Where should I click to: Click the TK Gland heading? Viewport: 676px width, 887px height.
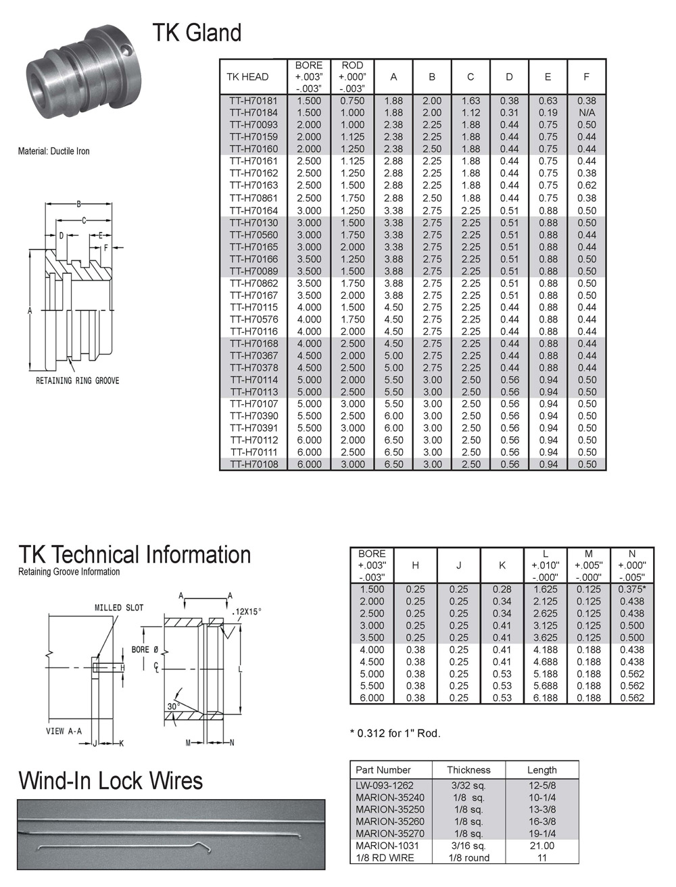click(x=197, y=33)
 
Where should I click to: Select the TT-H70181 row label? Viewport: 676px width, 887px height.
click(x=254, y=101)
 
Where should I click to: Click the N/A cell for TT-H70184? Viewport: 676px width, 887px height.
click(x=587, y=113)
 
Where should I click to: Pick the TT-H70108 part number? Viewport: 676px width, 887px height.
click(x=254, y=464)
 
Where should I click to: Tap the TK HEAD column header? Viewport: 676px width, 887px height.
click(x=247, y=77)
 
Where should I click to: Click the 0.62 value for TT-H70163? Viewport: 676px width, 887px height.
click(x=587, y=185)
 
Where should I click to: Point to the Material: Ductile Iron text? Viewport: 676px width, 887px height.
click(x=53, y=151)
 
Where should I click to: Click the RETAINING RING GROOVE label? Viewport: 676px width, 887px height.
click(x=77, y=381)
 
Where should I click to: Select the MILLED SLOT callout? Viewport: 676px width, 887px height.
click(x=119, y=608)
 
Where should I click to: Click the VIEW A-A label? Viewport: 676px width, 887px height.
click(x=64, y=731)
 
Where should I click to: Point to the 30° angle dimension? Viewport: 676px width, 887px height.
click(x=172, y=707)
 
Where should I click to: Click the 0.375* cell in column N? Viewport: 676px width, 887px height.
click(x=631, y=590)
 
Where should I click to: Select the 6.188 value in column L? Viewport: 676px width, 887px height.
click(x=545, y=698)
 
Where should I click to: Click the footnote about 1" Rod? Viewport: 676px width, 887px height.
click(x=395, y=734)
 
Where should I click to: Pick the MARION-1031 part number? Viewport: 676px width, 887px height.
click(x=387, y=846)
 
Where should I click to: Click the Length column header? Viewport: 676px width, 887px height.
click(x=541, y=770)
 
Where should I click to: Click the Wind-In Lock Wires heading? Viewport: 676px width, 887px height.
click(x=111, y=782)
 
